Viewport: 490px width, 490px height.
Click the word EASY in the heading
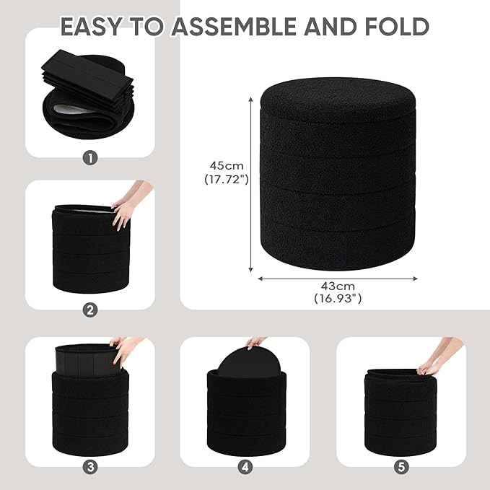[x=91, y=26]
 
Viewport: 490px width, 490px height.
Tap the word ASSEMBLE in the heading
[x=234, y=26]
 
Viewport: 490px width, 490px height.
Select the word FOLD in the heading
[x=397, y=26]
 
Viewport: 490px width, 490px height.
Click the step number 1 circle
[x=90, y=159]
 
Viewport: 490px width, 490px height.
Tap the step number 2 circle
[x=90, y=310]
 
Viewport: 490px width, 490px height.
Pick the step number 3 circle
[x=90, y=468]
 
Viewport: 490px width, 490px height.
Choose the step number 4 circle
[x=245, y=468]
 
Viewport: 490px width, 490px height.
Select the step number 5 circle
[x=401, y=468]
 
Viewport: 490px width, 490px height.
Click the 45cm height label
[x=227, y=166]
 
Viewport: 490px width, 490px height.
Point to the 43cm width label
[x=338, y=286]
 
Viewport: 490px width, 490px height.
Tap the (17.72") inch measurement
[x=227, y=180]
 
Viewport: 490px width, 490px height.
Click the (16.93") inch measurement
[x=338, y=299]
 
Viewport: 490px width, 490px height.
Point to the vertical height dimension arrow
[x=250, y=184]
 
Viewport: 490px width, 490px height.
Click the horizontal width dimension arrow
[x=338, y=279]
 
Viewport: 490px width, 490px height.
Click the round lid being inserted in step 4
[x=245, y=359]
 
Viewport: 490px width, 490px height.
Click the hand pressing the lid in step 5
[x=437, y=357]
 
